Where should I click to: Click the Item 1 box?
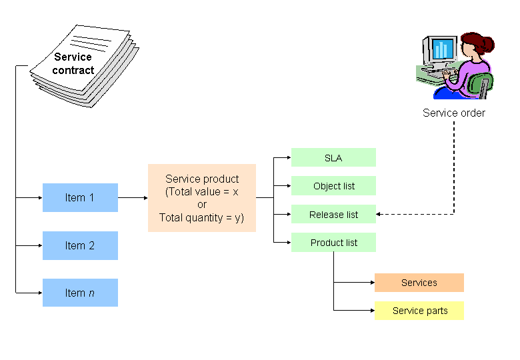click(x=80, y=197)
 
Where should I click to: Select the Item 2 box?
click(x=80, y=245)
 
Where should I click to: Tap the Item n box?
click(x=80, y=293)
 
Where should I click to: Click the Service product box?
click(x=201, y=198)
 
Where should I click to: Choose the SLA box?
click(x=333, y=157)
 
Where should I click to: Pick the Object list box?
click(x=333, y=186)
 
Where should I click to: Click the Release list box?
click(x=333, y=215)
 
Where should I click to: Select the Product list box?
click(x=333, y=243)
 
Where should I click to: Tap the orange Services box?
click(x=419, y=283)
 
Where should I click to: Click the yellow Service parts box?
click(x=419, y=311)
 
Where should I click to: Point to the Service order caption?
click(x=453, y=113)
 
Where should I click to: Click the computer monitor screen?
click(x=441, y=49)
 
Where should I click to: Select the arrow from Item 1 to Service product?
click(x=133, y=197)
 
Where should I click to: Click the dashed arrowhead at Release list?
click(x=379, y=215)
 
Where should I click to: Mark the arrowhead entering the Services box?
click(x=371, y=283)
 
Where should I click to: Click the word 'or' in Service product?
click(x=201, y=205)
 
